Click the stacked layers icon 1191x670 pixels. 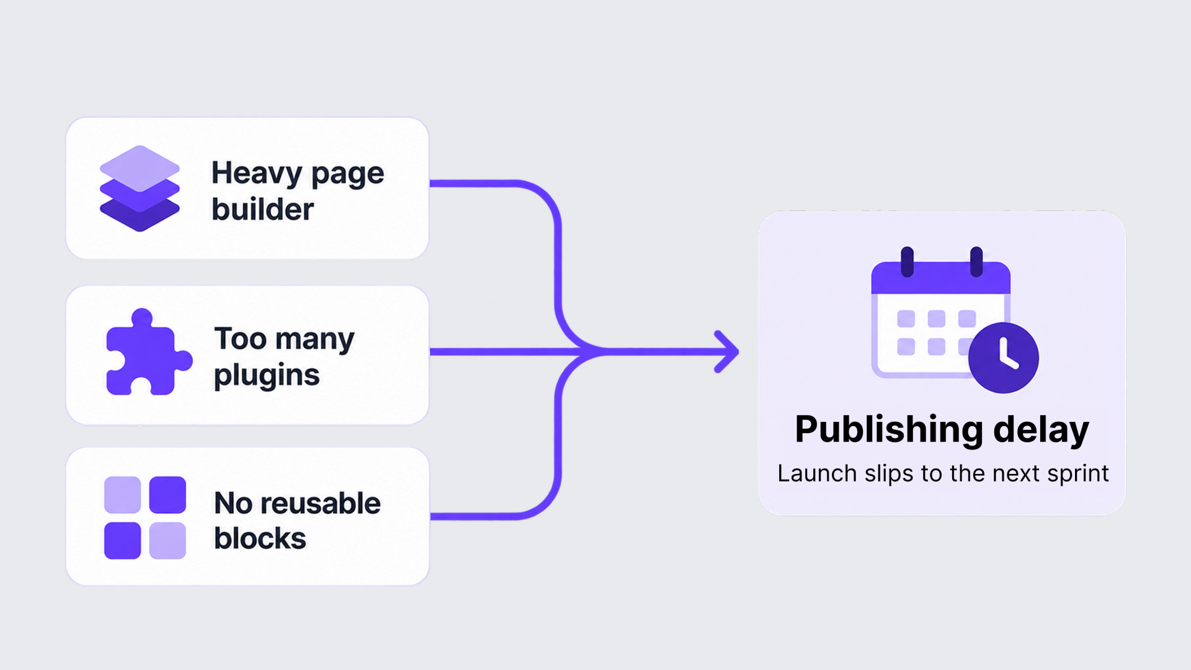140,189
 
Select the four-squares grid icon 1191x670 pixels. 145,517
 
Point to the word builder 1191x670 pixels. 262,209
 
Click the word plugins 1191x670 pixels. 267,375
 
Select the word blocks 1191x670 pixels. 260,538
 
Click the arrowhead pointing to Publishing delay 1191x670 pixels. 726,352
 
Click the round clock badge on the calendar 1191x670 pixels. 1004,358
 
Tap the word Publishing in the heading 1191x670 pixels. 889,429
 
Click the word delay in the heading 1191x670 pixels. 1041,429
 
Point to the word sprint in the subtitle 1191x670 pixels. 1078,474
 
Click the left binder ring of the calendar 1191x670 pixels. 908,262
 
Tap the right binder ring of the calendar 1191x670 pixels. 976,262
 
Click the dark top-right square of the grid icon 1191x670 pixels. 167,495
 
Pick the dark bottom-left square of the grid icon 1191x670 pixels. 123,540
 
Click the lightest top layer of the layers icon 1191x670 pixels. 140,168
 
